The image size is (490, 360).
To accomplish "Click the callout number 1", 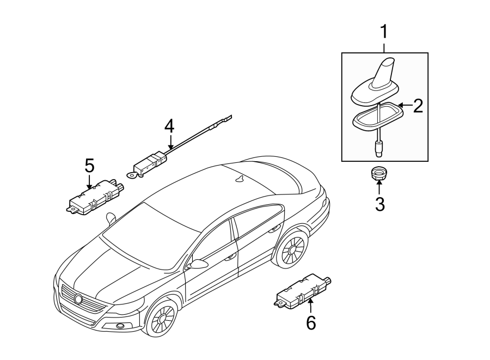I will [384, 32].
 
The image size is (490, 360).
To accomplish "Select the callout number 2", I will [418, 106].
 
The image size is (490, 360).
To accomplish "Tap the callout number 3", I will [379, 204].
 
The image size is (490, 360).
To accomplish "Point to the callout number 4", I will [169, 126].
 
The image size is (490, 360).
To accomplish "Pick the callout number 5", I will [89, 165].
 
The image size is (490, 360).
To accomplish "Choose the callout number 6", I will [310, 323].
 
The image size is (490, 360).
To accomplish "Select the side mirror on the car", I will [197, 264].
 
